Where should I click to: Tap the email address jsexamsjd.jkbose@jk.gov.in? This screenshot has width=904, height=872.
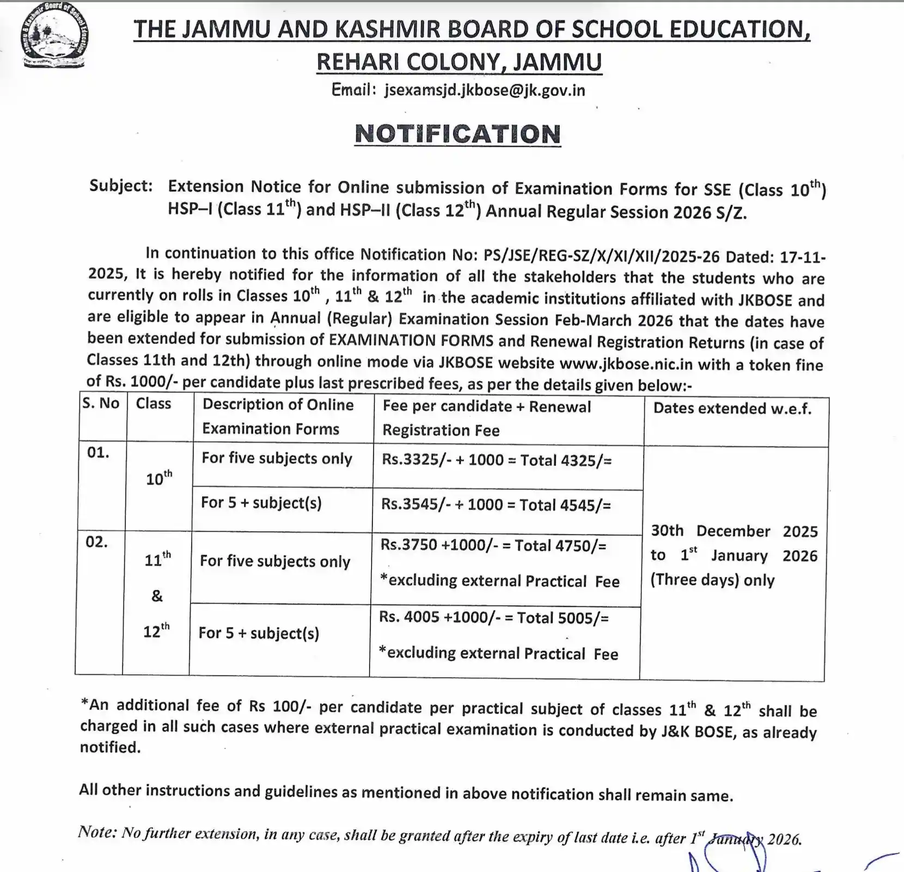click(x=484, y=90)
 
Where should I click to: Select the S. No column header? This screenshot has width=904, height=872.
click(x=101, y=403)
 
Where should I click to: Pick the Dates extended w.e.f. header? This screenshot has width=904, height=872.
click(x=732, y=409)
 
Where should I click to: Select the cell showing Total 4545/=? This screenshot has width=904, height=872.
click(x=496, y=505)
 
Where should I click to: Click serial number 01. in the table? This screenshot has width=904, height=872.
click(x=98, y=453)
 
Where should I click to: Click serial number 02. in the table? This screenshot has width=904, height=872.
click(x=96, y=542)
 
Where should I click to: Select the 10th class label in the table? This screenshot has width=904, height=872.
click(x=158, y=478)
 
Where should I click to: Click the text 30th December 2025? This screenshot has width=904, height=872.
click(x=734, y=531)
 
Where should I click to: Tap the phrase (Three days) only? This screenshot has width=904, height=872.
click(x=712, y=580)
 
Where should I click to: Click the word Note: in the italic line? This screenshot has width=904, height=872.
click(x=97, y=832)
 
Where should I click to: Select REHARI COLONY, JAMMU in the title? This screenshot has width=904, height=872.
click(x=459, y=63)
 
